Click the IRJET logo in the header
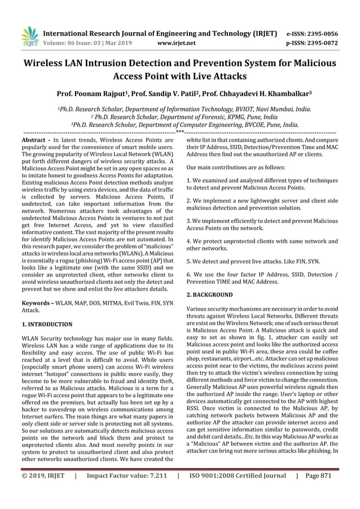click(x=28, y=36)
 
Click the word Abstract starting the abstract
click(x=33, y=139)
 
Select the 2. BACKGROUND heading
click(x=209, y=295)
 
